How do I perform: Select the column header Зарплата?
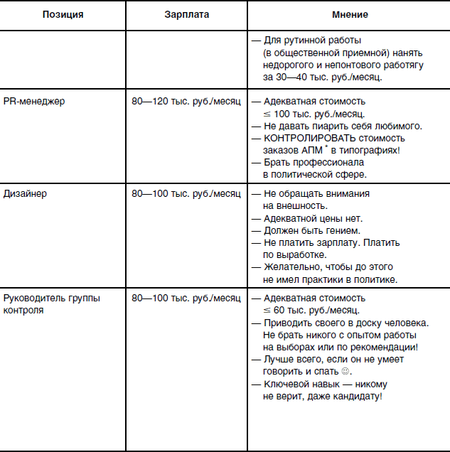pos(186,15)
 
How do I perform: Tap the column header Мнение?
pos(350,15)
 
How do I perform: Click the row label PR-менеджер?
pos(34,101)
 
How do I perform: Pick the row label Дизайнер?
pos(26,193)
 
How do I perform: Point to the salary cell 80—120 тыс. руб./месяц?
pos(186,101)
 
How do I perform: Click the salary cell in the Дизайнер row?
pos(186,193)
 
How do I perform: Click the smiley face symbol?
pos(346,372)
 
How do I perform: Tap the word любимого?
pos(397,126)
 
